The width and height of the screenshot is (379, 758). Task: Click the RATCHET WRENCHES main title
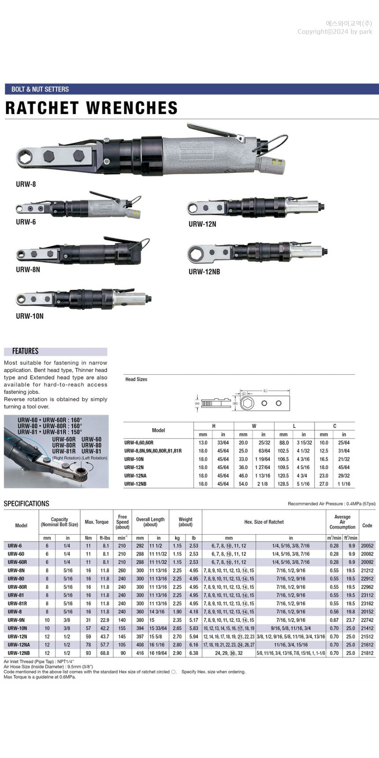[x=91, y=108]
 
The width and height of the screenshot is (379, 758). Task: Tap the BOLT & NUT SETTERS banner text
[x=40, y=89]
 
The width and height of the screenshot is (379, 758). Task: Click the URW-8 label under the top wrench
[x=26, y=184]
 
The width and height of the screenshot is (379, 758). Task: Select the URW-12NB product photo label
[x=204, y=271]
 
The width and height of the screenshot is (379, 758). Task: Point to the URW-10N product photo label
[x=30, y=316]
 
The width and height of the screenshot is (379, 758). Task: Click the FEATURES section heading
[x=25, y=351]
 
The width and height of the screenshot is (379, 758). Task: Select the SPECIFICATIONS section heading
[x=26, y=503]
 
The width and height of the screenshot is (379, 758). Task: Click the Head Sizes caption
[x=136, y=379]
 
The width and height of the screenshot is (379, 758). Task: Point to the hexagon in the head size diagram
[x=247, y=403]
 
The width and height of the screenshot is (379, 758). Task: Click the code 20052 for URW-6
[x=367, y=546]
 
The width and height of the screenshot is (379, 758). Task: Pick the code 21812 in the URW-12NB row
[x=367, y=653]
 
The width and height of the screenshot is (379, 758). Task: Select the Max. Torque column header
[x=97, y=522]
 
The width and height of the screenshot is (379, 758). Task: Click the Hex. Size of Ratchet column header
[x=264, y=522]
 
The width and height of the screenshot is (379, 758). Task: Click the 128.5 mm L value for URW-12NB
[x=283, y=484]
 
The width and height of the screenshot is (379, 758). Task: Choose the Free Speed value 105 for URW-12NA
[x=122, y=645]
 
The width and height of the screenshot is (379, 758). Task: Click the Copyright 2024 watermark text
[x=335, y=32]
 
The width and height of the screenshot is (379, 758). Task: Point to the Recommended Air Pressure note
[x=331, y=504]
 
